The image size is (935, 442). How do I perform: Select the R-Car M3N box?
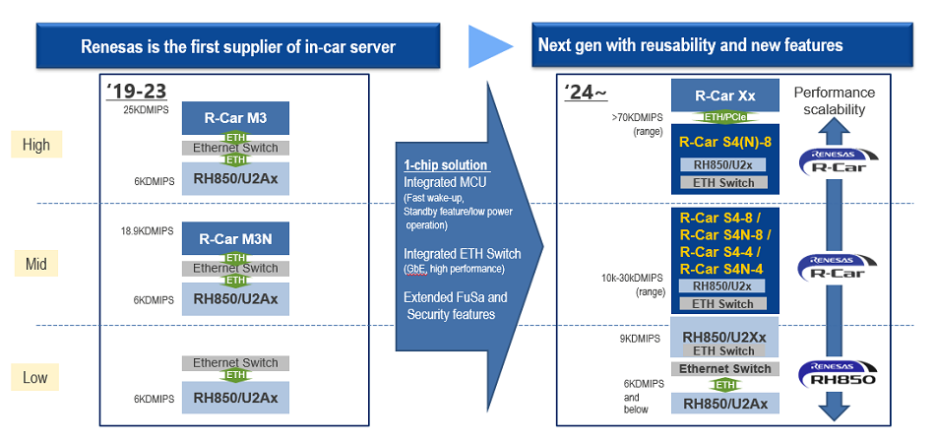235,238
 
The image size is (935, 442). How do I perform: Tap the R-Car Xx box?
725,95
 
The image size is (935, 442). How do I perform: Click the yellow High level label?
35,145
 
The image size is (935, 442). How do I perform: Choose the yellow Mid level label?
35,264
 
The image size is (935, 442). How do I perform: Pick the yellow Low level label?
35,377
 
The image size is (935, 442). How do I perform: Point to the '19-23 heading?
136,91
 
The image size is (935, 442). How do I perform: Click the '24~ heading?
586,93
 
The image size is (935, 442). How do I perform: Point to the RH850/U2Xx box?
724,337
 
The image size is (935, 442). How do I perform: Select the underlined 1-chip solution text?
446,165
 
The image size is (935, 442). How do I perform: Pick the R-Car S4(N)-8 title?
724,142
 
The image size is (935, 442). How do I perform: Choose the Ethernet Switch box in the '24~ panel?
724,369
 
